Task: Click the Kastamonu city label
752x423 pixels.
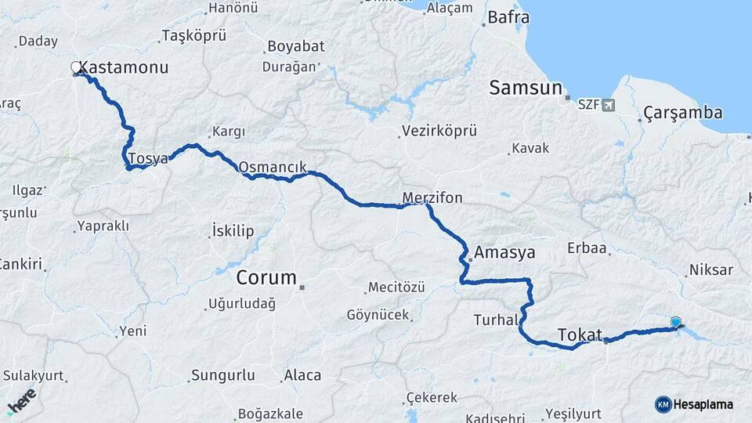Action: (124, 68)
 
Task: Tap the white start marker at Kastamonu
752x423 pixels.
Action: (76, 67)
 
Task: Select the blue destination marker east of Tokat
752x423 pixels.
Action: (676, 322)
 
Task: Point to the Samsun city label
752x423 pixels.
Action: (526, 88)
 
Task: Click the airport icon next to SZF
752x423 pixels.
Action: (609, 105)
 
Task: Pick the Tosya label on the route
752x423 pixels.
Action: (148, 159)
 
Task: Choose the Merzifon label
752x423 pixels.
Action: (432, 198)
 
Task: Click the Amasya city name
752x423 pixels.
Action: (504, 253)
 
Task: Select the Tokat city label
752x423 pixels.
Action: (580, 335)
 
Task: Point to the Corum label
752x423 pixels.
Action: (266, 278)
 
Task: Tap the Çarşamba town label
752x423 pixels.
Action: (682, 114)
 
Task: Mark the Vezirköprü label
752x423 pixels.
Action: (439, 131)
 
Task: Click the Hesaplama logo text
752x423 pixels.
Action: (703, 404)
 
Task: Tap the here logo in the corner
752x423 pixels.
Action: (21, 401)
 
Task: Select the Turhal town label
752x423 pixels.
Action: (495, 320)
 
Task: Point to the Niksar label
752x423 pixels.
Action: (710, 270)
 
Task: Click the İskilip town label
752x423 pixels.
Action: (233, 231)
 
